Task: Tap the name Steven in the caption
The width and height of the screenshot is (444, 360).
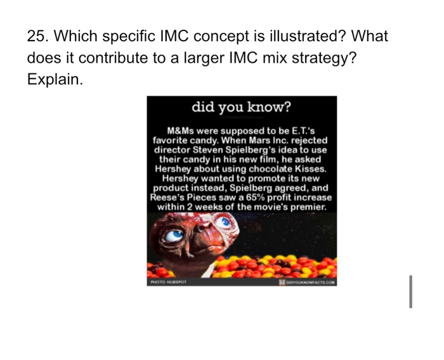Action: (x=210, y=150)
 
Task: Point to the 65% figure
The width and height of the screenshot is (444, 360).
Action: (x=263, y=197)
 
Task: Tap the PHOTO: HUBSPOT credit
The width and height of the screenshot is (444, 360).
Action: (x=166, y=282)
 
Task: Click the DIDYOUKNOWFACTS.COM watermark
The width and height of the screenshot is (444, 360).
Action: (x=309, y=282)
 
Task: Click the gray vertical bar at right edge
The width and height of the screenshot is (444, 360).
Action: (x=410, y=292)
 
